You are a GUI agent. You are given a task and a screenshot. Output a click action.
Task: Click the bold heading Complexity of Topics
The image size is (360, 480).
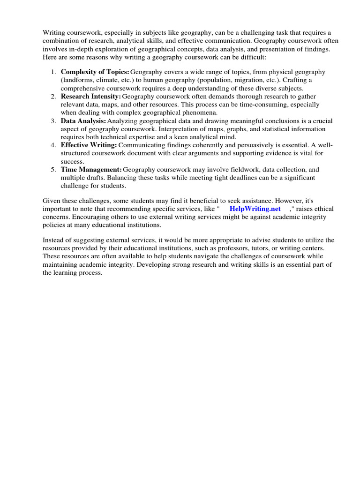[95, 72]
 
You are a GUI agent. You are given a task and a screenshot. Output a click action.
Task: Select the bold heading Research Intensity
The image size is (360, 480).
[91, 97]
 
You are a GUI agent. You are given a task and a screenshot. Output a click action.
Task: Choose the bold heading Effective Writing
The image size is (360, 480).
[89, 145]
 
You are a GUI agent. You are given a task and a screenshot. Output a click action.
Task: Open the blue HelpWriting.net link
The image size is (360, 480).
[255, 209]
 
